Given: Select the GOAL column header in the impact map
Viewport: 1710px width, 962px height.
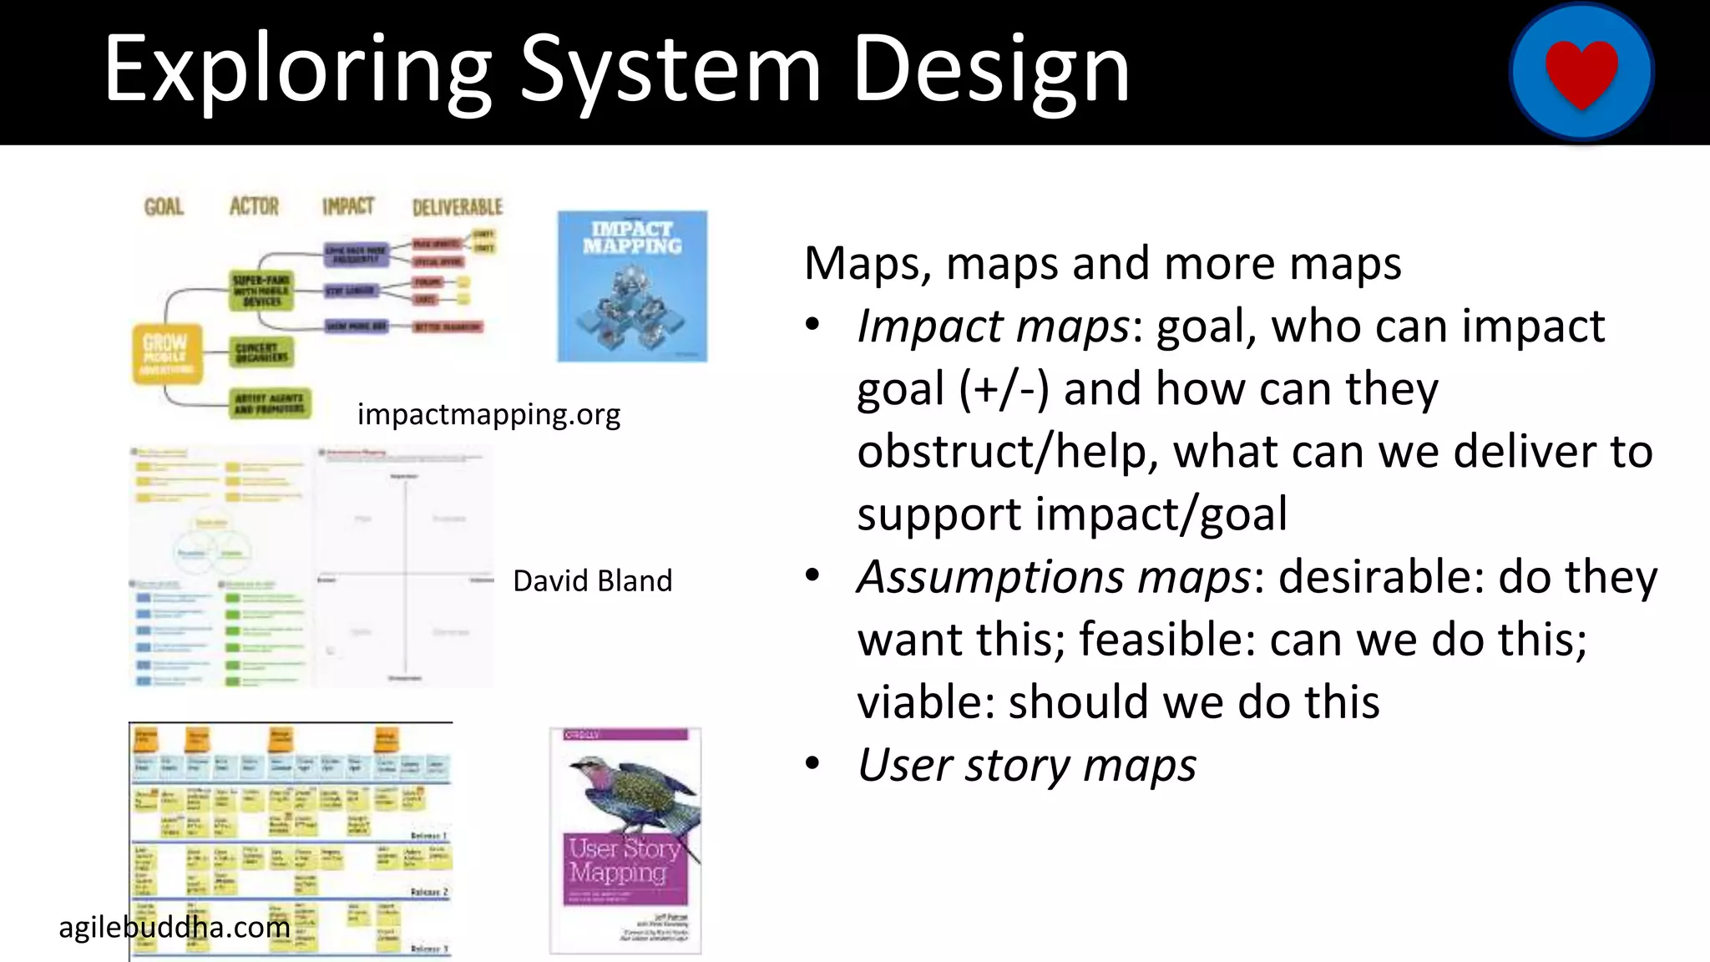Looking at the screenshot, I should coord(164,206).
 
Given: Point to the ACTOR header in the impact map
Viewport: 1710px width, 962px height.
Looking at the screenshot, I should coord(254,206).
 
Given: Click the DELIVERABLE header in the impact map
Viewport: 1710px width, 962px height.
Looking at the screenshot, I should coord(458,207).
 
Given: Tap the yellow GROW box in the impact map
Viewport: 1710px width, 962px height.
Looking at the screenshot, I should coord(167,353).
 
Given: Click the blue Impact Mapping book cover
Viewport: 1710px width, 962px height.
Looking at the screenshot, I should coord(632,286).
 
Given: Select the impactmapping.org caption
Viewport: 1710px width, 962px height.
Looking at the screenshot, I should coord(488,414).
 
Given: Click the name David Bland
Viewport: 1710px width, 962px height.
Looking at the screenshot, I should coord(592,581).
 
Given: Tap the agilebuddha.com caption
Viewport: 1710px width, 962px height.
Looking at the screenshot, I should coord(175,927).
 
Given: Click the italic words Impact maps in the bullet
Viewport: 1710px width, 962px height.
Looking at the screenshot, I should coord(993,326).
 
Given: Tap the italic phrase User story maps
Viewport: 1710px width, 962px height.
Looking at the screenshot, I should coord(1026,765).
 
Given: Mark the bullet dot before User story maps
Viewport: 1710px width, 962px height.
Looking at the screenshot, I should coord(812,764).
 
